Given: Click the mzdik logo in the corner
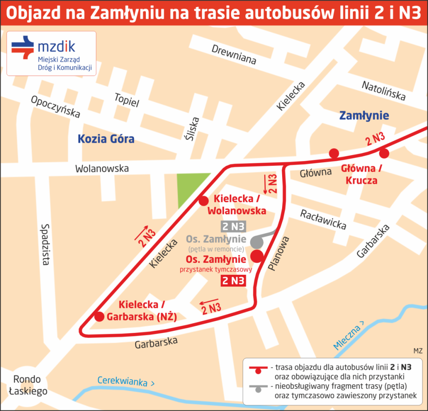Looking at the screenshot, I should [51, 53].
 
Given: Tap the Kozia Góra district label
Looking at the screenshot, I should [106, 138].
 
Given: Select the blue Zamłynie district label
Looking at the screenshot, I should [364, 116].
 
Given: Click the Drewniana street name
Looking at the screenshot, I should [234, 55].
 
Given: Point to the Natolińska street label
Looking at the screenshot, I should [383, 91].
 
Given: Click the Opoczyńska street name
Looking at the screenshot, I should [55, 107].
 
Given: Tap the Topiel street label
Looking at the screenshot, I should [127, 100].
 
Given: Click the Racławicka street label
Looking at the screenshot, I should [323, 219].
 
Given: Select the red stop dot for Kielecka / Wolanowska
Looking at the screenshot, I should [204, 201].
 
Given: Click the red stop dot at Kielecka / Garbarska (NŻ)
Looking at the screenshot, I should [99, 317].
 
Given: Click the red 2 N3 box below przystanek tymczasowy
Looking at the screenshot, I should [233, 281].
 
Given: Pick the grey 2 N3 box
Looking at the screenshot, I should [233, 227].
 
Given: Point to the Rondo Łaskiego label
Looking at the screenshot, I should [27, 385].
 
